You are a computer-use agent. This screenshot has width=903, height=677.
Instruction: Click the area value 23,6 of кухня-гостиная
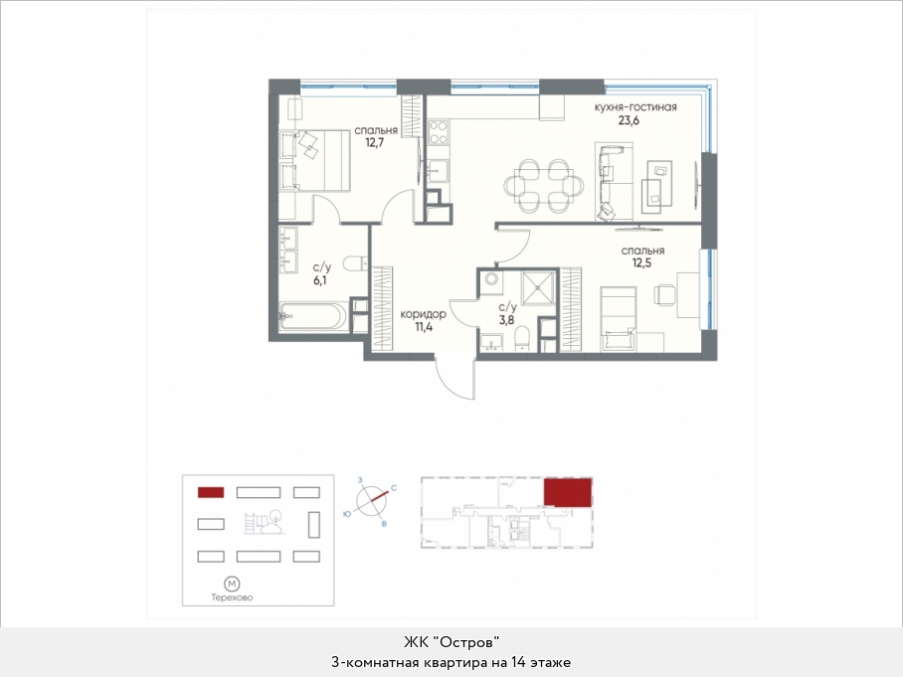point(629,121)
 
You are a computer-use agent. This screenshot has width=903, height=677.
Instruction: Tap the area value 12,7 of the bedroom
point(374,142)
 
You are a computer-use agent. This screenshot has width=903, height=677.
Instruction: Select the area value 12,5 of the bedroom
point(641,263)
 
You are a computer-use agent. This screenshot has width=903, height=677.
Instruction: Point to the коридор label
point(423,314)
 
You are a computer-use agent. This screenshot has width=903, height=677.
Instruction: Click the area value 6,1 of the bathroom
point(319,280)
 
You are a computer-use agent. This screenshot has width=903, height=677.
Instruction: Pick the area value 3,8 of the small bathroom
point(506,320)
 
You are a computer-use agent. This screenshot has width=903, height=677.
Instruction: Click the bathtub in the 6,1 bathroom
point(313,316)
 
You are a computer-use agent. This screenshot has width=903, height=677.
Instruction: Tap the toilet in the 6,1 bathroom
point(356,263)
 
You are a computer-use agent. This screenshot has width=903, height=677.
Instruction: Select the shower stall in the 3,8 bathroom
point(537,287)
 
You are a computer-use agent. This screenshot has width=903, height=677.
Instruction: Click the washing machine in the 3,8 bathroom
point(491,279)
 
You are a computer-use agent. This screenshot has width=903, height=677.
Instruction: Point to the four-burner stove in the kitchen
point(438,131)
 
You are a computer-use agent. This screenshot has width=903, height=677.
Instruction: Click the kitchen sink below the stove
point(438,170)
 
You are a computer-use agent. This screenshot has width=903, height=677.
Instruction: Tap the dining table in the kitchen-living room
point(543,185)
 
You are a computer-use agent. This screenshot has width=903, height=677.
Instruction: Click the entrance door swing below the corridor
point(454,378)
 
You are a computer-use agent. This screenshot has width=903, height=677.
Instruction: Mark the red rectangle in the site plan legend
point(211,492)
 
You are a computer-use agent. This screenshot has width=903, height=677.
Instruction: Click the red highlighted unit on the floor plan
point(568,492)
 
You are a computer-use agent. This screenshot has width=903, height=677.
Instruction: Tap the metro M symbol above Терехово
point(232,584)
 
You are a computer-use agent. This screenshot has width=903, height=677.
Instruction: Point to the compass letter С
point(394,488)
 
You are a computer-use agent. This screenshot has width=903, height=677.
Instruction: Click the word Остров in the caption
point(466,642)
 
